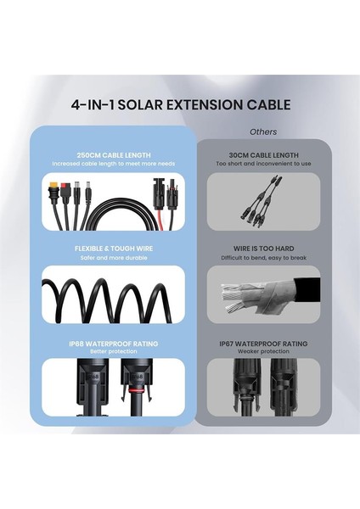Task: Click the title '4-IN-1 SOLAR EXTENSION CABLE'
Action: pyautogui.click(x=179, y=105)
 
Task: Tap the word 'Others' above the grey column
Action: pyautogui.click(x=263, y=132)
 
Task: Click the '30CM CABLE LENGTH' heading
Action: pyautogui.click(x=263, y=155)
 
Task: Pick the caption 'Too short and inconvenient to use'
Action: pyautogui.click(x=263, y=164)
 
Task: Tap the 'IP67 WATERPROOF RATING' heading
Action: pyautogui.click(x=263, y=344)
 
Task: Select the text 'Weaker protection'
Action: pyautogui.click(x=263, y=352)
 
